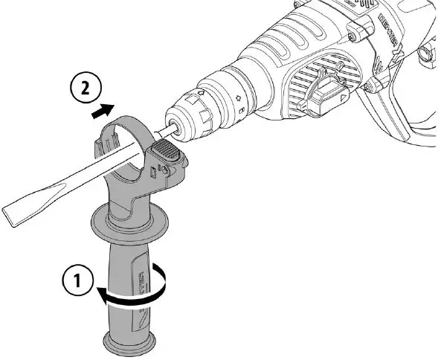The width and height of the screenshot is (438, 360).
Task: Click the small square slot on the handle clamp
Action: [152, 173]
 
